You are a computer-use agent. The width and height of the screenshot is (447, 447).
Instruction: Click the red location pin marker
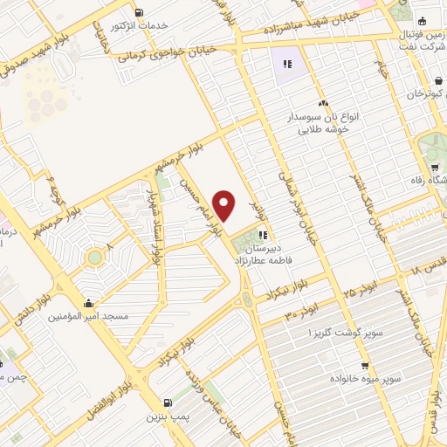pos(225,206)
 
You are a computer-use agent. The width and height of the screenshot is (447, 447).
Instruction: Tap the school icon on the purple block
pos(287,63)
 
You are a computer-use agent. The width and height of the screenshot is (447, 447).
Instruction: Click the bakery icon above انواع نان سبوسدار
pos(323,104)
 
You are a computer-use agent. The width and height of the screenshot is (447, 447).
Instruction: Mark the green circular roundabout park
pos(93,258)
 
